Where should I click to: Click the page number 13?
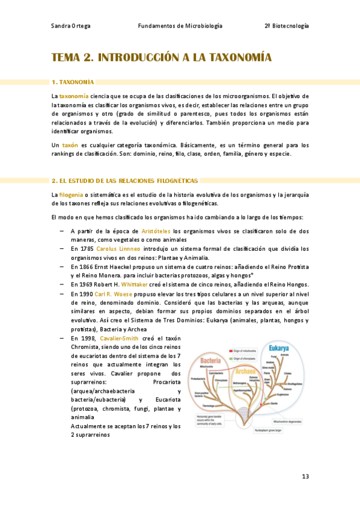click(305, 477)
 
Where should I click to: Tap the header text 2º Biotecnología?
click(287, 26)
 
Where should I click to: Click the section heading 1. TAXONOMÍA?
click(73, 82)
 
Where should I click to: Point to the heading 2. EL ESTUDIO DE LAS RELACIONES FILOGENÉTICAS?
click(124, 180)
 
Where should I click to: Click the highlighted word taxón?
click(70, 145)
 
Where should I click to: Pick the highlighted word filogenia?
click(70, 194)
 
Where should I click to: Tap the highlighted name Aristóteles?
click(156, 231)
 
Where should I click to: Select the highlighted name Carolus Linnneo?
click(118, 248)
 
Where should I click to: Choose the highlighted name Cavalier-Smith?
click(120, 339)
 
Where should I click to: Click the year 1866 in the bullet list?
click(86, 266)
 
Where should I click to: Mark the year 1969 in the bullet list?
click(86, 284)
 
